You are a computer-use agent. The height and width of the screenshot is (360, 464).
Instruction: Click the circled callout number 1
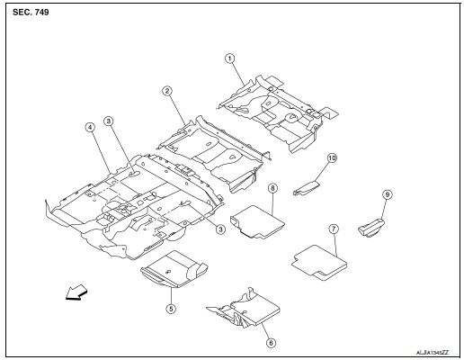point(230,58)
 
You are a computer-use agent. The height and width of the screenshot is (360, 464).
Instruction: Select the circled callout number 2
point(167,91)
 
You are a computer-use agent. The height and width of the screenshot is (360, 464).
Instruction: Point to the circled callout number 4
point(90,128)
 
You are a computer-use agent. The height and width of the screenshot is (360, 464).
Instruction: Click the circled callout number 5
point(171,309)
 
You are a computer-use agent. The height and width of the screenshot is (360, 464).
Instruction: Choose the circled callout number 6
point(266,342)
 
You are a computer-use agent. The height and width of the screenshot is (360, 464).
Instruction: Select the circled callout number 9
point(388,194)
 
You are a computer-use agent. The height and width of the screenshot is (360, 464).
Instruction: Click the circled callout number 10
point(332,157)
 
